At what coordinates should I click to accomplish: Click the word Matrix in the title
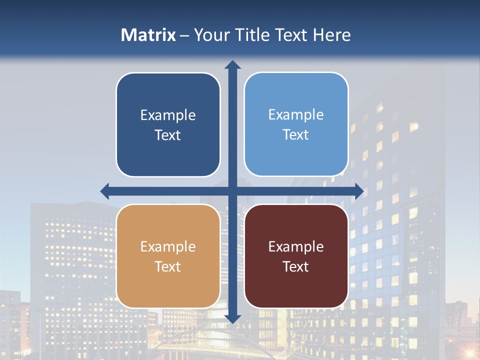[148, 35]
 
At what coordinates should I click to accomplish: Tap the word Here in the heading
[331, 35]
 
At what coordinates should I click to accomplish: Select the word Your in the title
[212, 35]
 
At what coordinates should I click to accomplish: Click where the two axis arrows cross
[232, 191]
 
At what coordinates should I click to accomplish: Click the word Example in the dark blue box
[168, 115]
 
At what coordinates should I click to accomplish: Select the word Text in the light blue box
[296, 135]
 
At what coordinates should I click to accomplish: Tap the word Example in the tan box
[168, 247]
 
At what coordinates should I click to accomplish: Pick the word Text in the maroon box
[296, 267]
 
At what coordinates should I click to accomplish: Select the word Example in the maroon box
[296, 247]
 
